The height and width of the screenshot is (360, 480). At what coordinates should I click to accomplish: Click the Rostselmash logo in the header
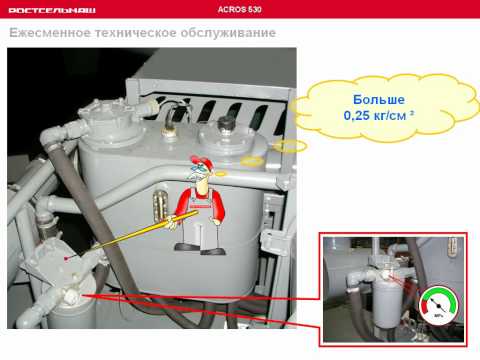[52, 10]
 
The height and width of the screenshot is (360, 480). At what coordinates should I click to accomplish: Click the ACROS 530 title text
[239, 9]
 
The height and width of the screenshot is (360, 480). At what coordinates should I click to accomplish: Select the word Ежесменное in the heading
[50, 33]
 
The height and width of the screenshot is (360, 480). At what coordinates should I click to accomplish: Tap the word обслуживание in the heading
[228, 33]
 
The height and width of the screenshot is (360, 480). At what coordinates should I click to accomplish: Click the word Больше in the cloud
[379, 100]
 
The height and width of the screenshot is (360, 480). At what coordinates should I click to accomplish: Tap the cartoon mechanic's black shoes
[200, 249]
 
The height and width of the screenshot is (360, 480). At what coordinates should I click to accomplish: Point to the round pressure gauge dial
[439, 305]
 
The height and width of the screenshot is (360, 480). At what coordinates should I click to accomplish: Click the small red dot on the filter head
[66, 258]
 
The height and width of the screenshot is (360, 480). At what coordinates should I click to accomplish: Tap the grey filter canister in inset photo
[387, 303]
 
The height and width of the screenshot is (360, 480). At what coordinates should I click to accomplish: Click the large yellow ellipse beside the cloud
[289, 146]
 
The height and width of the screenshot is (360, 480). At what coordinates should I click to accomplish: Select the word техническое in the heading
[136, 33]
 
